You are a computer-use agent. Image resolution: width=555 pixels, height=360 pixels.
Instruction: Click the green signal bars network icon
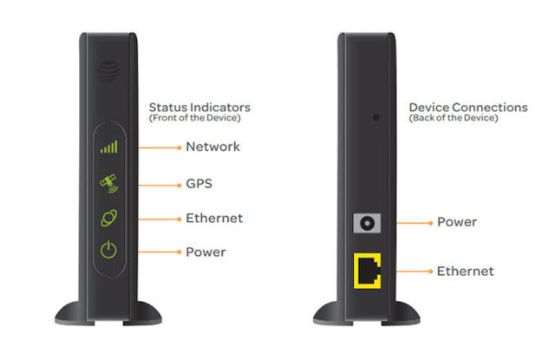pos(109,147)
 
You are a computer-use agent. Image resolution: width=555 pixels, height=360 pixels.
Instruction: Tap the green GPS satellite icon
pos(109,183)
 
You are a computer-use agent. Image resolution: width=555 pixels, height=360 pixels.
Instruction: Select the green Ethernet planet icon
pos(109,218)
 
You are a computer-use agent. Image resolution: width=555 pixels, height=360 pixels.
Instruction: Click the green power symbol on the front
pos(108,252)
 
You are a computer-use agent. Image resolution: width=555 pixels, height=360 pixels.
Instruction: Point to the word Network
pos(212,147)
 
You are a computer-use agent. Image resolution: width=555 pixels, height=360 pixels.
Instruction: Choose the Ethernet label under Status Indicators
pos(214,218)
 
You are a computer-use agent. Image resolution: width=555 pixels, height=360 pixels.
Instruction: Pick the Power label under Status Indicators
pos(206,252)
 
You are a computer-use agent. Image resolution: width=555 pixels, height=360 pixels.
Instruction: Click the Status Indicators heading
pos(197,107)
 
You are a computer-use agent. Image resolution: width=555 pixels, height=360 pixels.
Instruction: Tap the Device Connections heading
pos(467,107)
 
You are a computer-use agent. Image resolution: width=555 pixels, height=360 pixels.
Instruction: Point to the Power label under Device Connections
pos(456,222)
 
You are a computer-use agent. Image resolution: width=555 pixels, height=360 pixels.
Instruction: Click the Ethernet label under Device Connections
pos(465,272)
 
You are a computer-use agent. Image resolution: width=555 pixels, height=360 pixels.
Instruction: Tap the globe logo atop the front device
pos(108,67)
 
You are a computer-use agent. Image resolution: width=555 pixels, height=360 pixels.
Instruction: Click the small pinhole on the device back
pos(375,116)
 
